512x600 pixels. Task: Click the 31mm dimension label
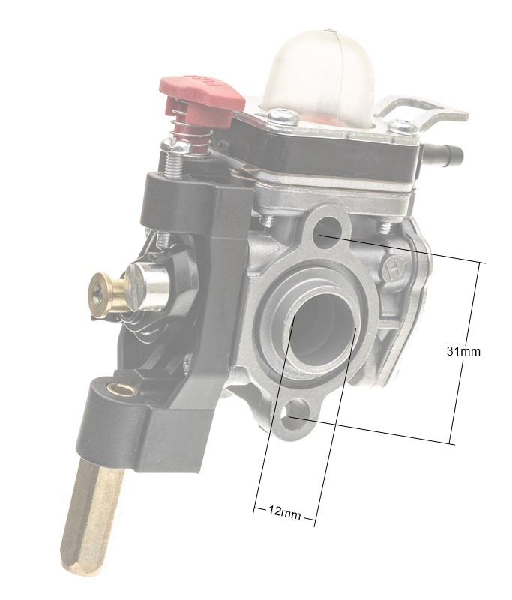[x=463, y=350]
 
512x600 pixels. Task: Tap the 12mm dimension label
[x=284, y=513]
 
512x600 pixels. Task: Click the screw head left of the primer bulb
[x=281, y=115]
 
